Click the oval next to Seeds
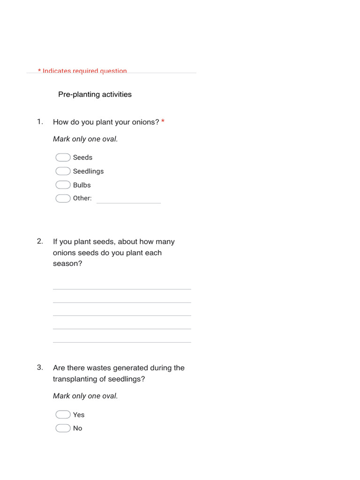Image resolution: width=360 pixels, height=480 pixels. (63, 157)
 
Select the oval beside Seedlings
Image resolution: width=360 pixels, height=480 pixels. (63, 171)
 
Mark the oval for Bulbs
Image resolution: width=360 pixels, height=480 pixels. (63, 185)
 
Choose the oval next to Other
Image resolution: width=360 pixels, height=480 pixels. (63, 198)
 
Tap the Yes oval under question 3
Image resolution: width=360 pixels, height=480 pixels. (63, 414)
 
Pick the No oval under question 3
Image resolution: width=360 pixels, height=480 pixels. (63, 428)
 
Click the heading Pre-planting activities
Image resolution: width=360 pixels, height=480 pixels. (95, 94)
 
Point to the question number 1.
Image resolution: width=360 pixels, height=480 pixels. (40, 122)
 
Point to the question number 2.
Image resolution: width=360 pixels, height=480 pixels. (40, 241)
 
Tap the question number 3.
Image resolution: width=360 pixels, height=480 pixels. (40, 367)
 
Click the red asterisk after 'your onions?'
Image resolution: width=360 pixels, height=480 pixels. (163, 122)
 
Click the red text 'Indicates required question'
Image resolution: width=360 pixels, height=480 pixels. (85, 71)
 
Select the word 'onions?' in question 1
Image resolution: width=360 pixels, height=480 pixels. (144, 122)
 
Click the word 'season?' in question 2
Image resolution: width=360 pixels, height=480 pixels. (67, 263)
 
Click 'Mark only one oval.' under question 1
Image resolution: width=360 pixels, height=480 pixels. (85, 139)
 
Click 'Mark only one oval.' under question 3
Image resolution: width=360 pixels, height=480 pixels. (85, 396)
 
